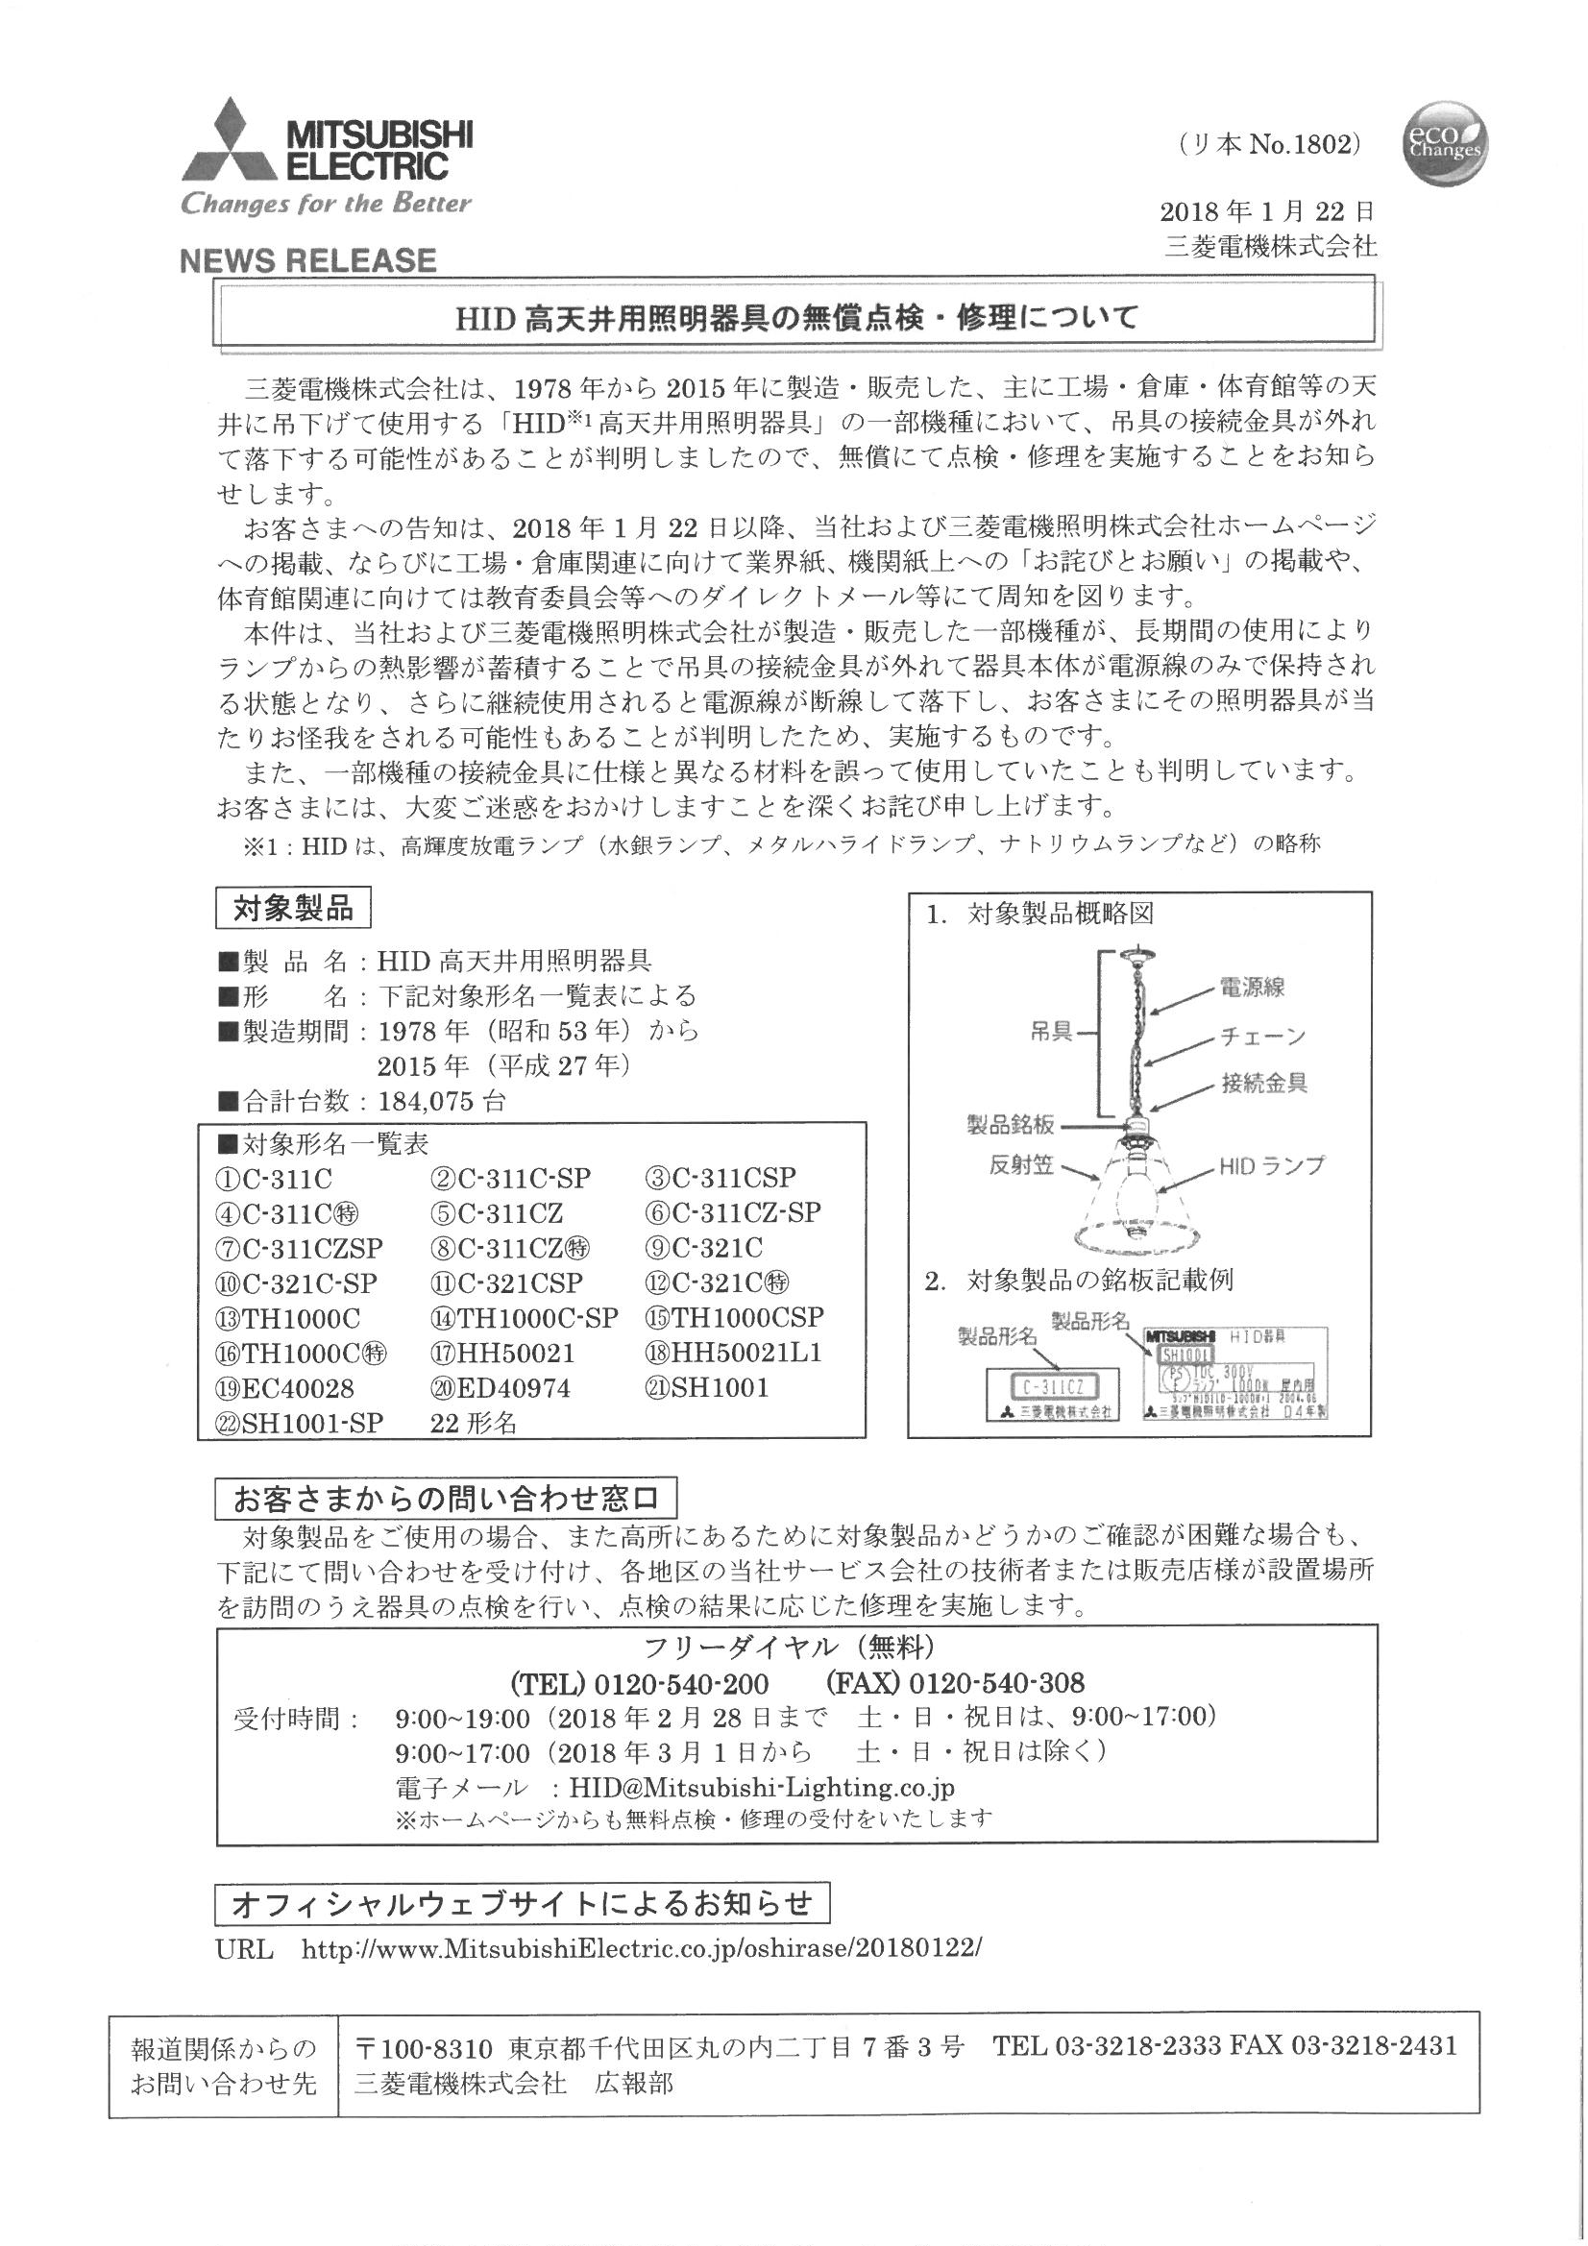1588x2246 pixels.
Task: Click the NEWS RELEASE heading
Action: tap(308, 260)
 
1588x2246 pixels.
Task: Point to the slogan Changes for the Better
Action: tap(326, 204)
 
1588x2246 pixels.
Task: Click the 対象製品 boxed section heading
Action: tap(293, 909)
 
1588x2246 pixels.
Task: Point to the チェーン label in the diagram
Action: tap(1262, 1035)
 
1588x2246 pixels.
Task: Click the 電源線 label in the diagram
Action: tap(1252, 987)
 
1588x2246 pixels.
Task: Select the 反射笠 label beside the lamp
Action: tap(1021, 1165)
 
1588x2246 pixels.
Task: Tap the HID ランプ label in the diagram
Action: tap(1271, 1165)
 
